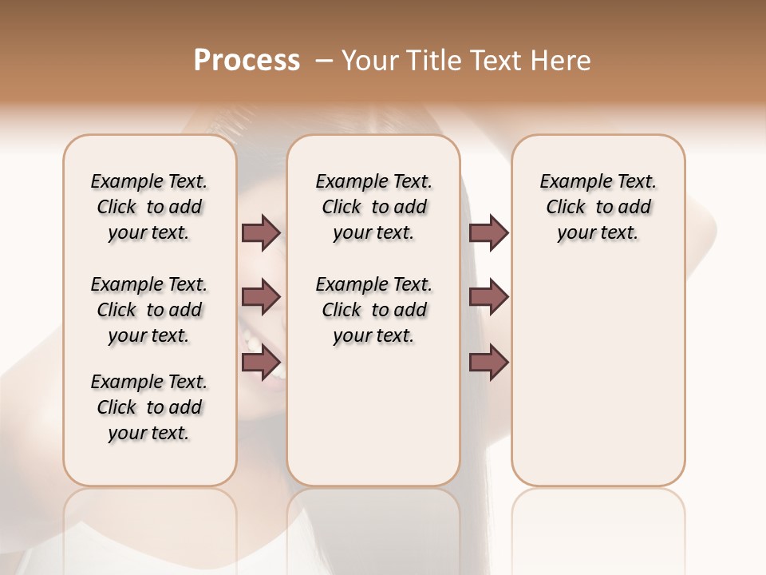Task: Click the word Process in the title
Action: (247, 60)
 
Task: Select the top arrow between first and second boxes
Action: (261, 233)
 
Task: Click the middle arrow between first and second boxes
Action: (261, 298)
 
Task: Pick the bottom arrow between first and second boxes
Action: (261, 363)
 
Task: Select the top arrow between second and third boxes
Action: (488, 233)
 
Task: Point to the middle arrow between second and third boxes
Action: (488, 298)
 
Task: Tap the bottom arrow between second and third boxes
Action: (488, 363)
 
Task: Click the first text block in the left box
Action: (149, 207)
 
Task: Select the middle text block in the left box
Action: (149, 310)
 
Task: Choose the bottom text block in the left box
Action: (149, 407)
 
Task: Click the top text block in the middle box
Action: (373, 207)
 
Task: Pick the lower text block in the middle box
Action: (373, 310)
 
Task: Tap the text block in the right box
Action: (598, 207)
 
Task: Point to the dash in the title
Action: (324, 60)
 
